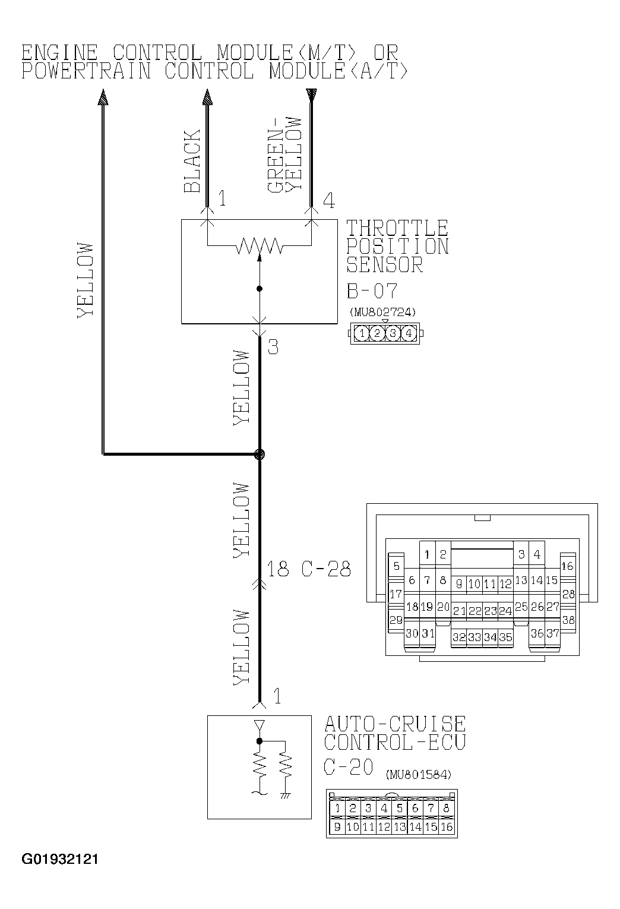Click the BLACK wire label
pyautogui.click(x=191, y=162)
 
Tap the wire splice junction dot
pyautogui.click(x=259, y=454)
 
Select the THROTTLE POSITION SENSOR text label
pyautogui.click(x=397, y=246)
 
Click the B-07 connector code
pyautogui.click(x=372, y=291)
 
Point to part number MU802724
pyautogui.click(x=384, y=312)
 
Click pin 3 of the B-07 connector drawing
pyautogui.click(x=393, y=333)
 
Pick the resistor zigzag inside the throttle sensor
pyautogui.click(x=260, y=245)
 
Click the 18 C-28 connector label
pyautogui.click(x=308, y=569)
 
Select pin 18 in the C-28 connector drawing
pyautogui.click(x=412, y=607)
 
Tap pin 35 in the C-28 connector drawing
pyautogui.click(x=505, y=637)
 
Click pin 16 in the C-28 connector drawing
pyautogui.click(x=567, y=566)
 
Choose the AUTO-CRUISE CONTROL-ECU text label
pyautogui.click(x=395, y=733)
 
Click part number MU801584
pyautogui.click(x=419, y=775)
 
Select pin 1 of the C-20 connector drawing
pyautogui.click(x=337, y=808)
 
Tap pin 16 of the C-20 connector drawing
pyautogui.click(x=447, y=826)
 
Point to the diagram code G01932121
pyautogui.click(x=60, y=859)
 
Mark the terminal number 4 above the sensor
pyautogui.click(x=328, y=200)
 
